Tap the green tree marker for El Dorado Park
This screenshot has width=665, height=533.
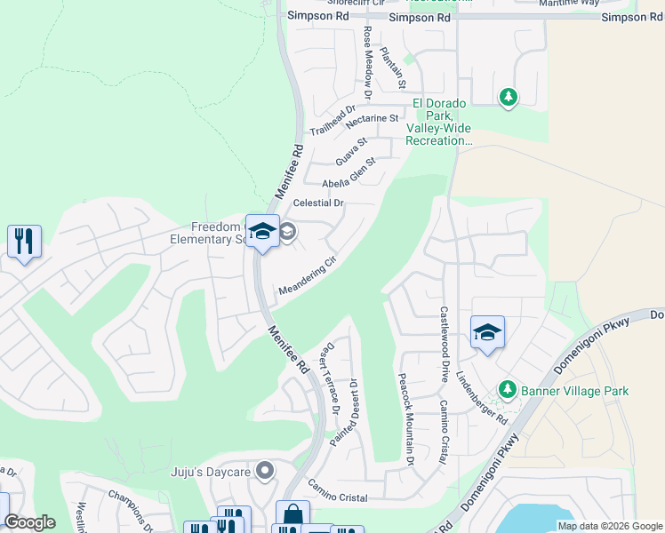(x=508, y=96)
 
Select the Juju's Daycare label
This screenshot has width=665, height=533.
(x=210, y=472)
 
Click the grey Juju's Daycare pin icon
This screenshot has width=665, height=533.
(x=264, y=470)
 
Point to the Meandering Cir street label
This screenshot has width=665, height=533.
(x=308, y=277)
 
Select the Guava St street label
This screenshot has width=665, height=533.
(x=351, y=151)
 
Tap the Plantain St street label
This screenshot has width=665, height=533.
(x=393, y=68)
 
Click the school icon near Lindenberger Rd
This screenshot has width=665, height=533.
(x=487, y=333)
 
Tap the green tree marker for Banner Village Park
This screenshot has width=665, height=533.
(x=508, y=389)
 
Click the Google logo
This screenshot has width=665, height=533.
(x=30, y=522)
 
